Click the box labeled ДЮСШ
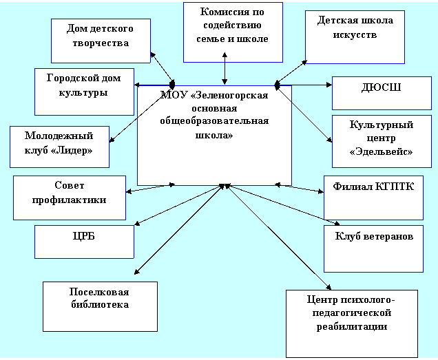(382, 94)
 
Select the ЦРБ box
(84, 242)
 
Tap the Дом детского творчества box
(101, 41)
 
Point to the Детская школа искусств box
(355, 37)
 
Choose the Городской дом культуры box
(84, 92)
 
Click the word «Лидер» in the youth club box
(72, 151)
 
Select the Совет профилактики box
(70, 198)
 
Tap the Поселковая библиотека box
(100, 307)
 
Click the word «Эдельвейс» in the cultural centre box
(382, 152)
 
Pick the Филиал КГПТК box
(373, 198)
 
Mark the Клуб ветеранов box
(373, 248)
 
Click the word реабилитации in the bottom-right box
(352, 327)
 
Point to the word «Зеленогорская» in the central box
(229, 95)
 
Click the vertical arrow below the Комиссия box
(225, 68)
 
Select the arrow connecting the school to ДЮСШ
(303, 85)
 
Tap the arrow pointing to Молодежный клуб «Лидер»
(140, 114)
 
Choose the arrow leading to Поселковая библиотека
(179, 229)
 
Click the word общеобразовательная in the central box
(214, 121)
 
